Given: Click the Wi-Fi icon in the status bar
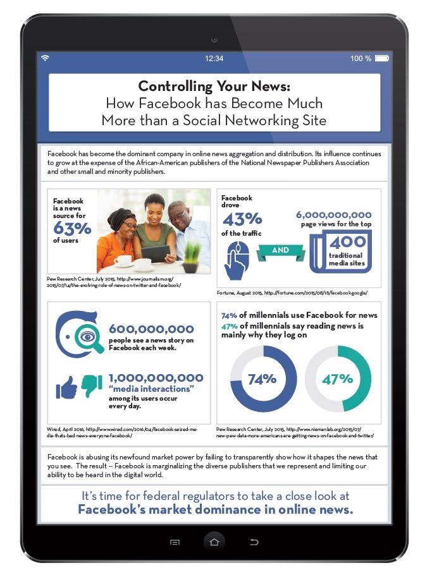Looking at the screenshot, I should pyautogui.click(x=45, y=58).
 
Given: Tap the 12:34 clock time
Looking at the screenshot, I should pyautogui.click(x=214, y=59).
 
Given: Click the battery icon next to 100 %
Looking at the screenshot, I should pyautogui.click(x=381, y=59).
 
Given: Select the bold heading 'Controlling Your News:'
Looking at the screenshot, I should pyautogui.click(x=214, y=86).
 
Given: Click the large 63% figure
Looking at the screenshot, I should pyautogui.click(x=73, y=228).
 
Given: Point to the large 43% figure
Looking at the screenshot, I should pyautogui.click(x=242, y=219).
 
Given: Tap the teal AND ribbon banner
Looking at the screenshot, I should pyautogui.click(x=280, y=250).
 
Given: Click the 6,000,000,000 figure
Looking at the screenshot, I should pyautogui.click(x=334, y=215).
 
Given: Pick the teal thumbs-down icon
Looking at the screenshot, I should pyautogui.click(x=91, y=384).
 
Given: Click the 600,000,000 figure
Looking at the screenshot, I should pyautogui.click(x=151, y=329).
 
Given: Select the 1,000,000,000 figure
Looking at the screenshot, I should pyautogui.click(x=156, y=377).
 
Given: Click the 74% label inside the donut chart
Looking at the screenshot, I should pyautogui.click(x=262, y=379).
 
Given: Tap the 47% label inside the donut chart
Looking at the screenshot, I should pyautogui.click(x=337, y=379).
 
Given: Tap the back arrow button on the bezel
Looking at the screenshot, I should pyautogui.click(x=254, y=542).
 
